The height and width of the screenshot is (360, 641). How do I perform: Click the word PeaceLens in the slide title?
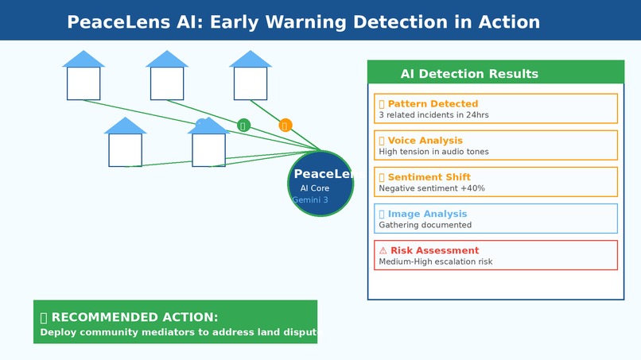[x=111, y=21]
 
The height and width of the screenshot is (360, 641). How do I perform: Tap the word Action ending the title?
[x=509, y=21]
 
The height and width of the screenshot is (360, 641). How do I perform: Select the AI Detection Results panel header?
[x=469, y=74]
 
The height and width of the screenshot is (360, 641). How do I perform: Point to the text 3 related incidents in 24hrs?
[x=433, y=115]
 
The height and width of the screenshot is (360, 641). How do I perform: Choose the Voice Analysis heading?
[x=425, y=141]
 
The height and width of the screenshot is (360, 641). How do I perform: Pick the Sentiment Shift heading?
[x=429, y=177]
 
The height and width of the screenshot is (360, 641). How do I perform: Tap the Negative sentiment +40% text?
[x=432, y=188]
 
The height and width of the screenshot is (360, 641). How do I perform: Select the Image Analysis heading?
[x=427, y=214]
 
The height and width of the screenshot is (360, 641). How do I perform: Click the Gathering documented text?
[x=425, y=225]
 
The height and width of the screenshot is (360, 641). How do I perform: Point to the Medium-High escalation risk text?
[x=436, y=261]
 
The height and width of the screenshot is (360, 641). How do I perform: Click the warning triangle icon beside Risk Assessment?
[x=383, y=250]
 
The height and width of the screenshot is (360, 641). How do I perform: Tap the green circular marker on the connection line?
[x=243, y=125]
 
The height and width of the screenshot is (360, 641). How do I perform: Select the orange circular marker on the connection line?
[x=286, y=125]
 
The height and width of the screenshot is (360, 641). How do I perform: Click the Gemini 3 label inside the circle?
[x=310, y=200]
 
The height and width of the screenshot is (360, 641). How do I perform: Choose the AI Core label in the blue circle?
[x=314, y=188]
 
